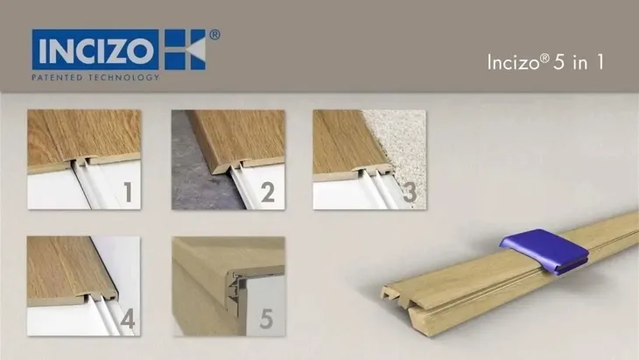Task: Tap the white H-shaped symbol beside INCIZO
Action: [x=184, y=50]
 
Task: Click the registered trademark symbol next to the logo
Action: [x=215, y=34]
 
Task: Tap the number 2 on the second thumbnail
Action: [x=268, y=192]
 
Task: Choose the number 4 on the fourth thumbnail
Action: [x=127, y=319]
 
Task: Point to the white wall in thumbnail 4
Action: [x=123, y=263]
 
